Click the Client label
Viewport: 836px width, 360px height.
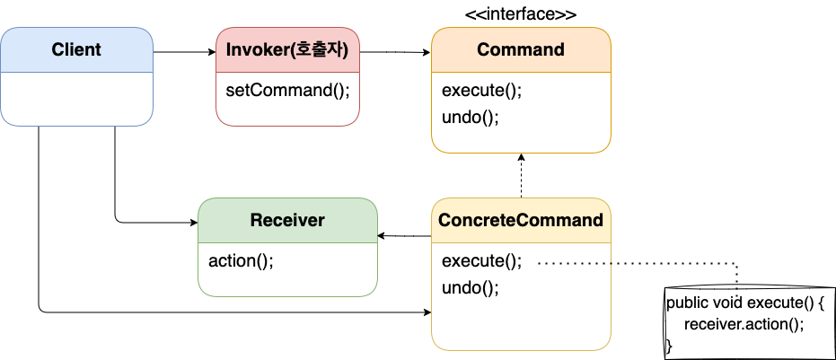[76, 49]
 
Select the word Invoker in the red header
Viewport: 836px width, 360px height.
[256, 49]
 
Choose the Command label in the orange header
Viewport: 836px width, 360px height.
[521, 49]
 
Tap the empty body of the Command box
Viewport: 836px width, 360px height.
[521, 111]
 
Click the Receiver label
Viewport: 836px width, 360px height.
[287, 220]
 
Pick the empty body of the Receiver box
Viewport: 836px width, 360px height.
[287, 268]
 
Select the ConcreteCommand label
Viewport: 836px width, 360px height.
[521, 220]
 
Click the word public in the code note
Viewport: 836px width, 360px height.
[688, 303]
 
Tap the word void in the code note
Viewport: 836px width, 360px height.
[729, 303]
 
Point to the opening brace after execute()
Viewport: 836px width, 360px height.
[820, 303]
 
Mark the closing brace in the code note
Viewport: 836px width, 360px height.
[669, 346]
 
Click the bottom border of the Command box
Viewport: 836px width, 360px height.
[521, 153]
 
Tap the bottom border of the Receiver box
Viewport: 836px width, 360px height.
[287, 296]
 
